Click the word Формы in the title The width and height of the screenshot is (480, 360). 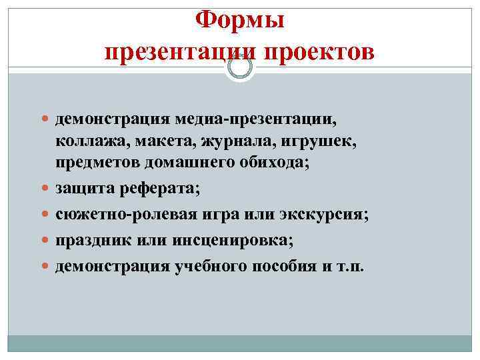point(240,20)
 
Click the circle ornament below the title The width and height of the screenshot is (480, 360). point(240,67)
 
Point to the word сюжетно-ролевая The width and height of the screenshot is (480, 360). point(114,215)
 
